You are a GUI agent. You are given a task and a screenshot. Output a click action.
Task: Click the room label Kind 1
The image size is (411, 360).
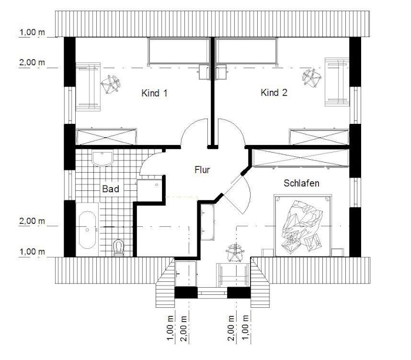pyautogui.click(x=154, y=93)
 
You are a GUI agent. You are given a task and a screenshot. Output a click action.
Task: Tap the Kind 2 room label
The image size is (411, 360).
pyautogui.click(x=274, y=93)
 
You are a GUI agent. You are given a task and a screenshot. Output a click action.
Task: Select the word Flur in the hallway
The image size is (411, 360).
pyautogui.click(x=202, y=170)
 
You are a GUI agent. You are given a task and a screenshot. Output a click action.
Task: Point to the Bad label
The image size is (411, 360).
pyautogui.click(x=110, y=189)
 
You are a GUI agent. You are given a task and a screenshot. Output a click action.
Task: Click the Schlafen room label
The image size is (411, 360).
pyautogui.click(x=301, y=183)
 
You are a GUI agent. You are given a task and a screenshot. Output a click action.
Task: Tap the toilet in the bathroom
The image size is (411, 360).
pyautogui.click(x=119, y=247)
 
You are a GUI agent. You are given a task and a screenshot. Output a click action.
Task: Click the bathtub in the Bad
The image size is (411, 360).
pyautogui.click(x=87, y=230)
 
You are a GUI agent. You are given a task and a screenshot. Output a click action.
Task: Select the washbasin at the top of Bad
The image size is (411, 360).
pyautogui.click(x=103, y=158)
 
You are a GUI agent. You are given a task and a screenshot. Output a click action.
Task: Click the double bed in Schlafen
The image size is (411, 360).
pyautogui.click(x=303, y=226)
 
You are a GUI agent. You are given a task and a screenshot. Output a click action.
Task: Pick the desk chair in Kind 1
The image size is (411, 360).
pyautogui.click(x=110, y=84)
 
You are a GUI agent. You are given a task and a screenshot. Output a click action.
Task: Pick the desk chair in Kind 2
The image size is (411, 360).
pyautogui.click(x=312, y=78)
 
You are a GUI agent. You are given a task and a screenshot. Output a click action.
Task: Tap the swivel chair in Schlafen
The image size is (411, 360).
pyautogui.click(x=235, y=253)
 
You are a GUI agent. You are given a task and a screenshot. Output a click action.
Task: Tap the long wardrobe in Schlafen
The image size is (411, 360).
pyautogui.click(x=301, y=158)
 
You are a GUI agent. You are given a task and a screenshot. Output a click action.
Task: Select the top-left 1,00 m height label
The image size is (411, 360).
pyautogui.click(x=32, y=32)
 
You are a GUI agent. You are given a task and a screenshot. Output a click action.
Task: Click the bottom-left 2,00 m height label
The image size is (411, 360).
pyautogui.click(x=32, y=221)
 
